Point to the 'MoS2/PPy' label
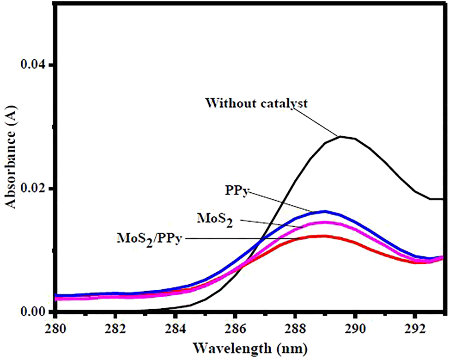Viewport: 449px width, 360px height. pyautogui.click(x=150, y=239)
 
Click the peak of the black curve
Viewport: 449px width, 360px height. pyautogui.click(x=340, y=136)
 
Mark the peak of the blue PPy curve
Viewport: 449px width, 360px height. pyautogui.click(x=325, y=211)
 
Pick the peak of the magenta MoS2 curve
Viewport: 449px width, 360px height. pyautogui.click(x=325, y=222)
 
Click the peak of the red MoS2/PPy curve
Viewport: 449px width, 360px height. pyautogui.click(x=325, y=236)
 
